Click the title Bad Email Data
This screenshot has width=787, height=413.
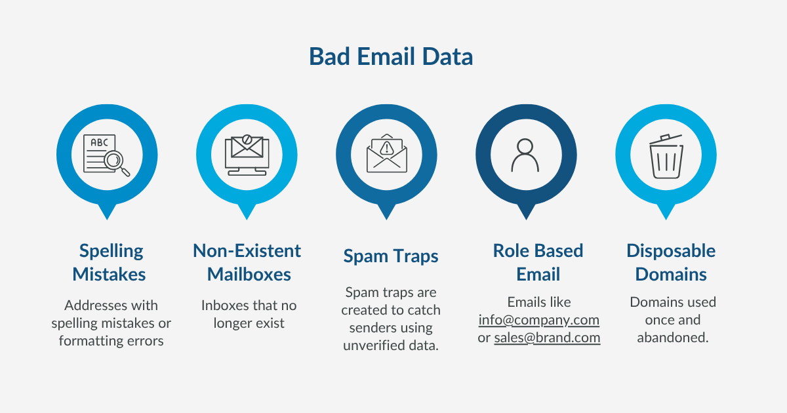coord(391,57)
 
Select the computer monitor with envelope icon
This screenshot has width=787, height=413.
coord(246,155)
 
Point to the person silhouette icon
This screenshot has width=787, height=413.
coord(525,155)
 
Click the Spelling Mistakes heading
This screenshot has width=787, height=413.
coord(110,262)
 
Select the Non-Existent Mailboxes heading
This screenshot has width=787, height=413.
coord(247,262)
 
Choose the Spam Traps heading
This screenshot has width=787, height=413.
coord(390,256)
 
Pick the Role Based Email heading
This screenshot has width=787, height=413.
coord(538,262)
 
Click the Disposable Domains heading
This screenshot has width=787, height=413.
coord(671,262)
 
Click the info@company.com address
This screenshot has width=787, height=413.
coord(539,320)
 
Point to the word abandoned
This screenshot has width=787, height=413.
coord(673,338)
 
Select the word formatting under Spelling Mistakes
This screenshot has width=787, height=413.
coord(90,341)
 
